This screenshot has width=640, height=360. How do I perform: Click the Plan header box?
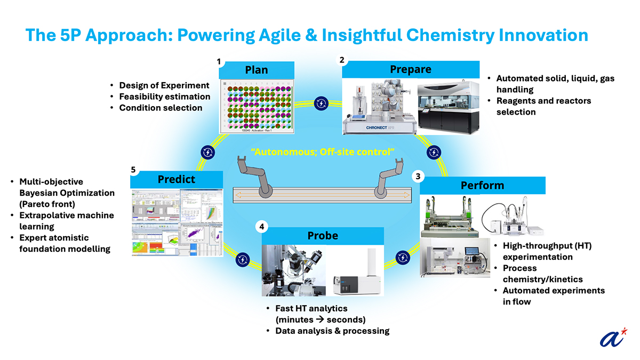pos(256,70)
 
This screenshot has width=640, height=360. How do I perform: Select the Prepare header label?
pos(410,69)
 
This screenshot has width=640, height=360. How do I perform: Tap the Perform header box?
pos(482,185)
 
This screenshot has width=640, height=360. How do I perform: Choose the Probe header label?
pos(323,235)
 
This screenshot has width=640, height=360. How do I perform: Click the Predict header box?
pos(177,179)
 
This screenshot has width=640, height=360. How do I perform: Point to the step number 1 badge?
pos(219,61)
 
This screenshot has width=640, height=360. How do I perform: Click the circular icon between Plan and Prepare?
pos(321,103)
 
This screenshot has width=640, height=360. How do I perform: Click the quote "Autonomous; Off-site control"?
pos(324,152)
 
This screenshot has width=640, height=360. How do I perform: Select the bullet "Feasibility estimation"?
pos(164,97)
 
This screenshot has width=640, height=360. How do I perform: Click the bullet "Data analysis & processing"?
pos(332,331)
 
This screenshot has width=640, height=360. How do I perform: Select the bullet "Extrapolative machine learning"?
pos(66,221)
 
